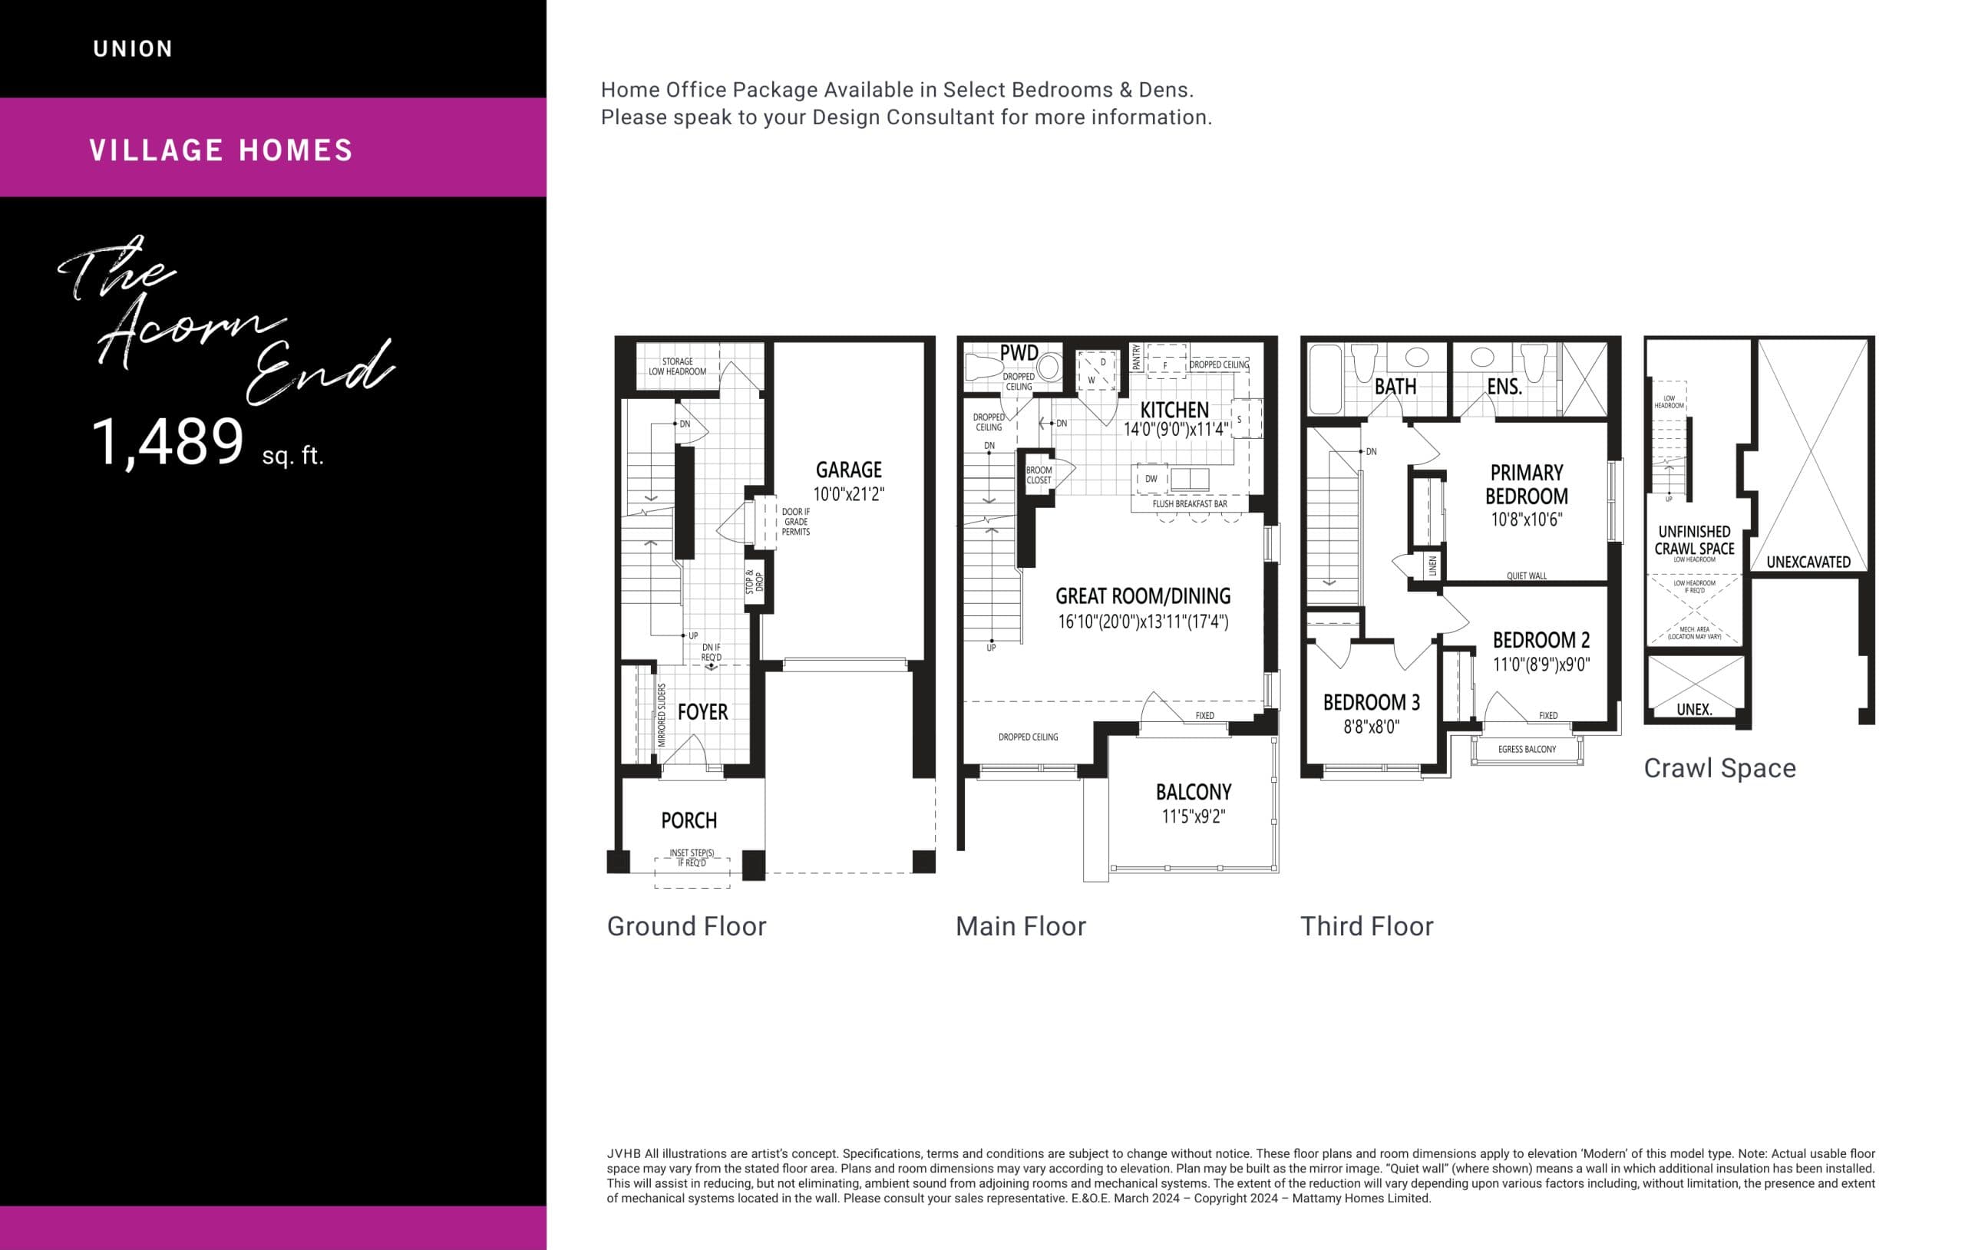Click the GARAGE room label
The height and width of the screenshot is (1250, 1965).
point(849,470)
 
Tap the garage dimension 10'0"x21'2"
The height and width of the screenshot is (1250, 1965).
point(849,493)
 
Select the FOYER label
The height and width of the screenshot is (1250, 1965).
point(702,712)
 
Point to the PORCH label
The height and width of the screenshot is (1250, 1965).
point(689,821)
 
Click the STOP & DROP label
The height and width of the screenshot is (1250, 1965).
point(755,582)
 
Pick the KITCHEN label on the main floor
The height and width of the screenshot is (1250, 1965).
point(1174,410)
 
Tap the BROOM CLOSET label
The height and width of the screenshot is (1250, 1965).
point(1039,475)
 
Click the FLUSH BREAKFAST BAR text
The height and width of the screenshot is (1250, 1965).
point(1189,504)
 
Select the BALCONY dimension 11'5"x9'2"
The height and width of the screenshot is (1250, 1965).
point(1193,816)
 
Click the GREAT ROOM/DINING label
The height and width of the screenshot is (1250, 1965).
point(1142,596)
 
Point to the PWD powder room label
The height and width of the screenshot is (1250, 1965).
point(1019,353)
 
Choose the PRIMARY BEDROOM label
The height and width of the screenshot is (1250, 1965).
point(1526,485)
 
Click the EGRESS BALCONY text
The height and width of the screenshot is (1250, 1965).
point(1526,749)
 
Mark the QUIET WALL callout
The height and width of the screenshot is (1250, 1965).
point(1526,576)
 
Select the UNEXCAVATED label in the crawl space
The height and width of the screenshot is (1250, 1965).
point(1808,562)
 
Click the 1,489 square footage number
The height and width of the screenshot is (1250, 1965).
point(168,443)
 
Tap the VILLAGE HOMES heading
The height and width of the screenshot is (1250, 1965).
point(221,150)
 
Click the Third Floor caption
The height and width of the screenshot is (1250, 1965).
point(1366,927)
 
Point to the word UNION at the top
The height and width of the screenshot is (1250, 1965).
point(133,49)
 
